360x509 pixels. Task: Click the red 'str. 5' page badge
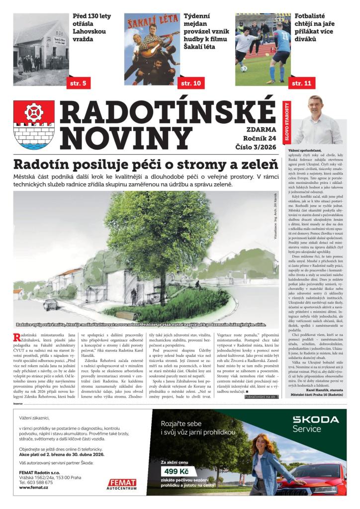[x=79, y=83]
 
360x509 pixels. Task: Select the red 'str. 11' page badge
[x=302, y=83]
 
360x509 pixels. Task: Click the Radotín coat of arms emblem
[x=34, y=125]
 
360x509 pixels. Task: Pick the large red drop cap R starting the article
[x=16, y=339]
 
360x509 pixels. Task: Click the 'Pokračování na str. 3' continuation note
[x=261, y=396]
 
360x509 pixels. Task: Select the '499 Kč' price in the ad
[x=177, y=471]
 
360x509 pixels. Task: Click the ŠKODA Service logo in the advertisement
[x=315, y=424]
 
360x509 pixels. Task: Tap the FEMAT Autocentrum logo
[x=122, y=484]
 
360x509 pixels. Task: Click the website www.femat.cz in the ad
[x=34, y=488]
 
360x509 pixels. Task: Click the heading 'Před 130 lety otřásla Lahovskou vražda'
[x=92, y=27]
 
